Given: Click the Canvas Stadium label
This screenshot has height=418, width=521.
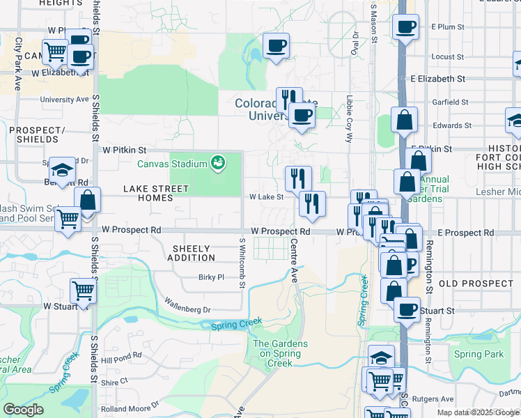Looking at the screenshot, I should [172, 164].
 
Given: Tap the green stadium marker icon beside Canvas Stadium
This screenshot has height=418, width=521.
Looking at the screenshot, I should [217, 163].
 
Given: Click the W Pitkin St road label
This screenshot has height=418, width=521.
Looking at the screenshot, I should [124, 150].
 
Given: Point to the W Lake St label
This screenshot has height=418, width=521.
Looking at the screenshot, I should [266, 197].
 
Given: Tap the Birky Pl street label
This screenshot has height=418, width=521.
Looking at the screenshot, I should [210, 277].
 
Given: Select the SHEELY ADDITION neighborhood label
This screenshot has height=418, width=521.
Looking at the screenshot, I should [192, 253].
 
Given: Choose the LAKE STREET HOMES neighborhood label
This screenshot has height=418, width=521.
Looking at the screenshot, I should [156, 193].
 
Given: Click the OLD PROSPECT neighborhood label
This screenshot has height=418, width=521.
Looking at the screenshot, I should [476, 284].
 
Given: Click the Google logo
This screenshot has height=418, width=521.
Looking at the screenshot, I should [23, 410].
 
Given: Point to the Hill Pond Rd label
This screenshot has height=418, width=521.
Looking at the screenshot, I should [121, 355].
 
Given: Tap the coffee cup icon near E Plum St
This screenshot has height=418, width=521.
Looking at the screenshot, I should [405, 28].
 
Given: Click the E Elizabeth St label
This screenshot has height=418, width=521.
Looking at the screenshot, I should [437, 79].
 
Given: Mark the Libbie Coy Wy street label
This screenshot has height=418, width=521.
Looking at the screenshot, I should [350, 119].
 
